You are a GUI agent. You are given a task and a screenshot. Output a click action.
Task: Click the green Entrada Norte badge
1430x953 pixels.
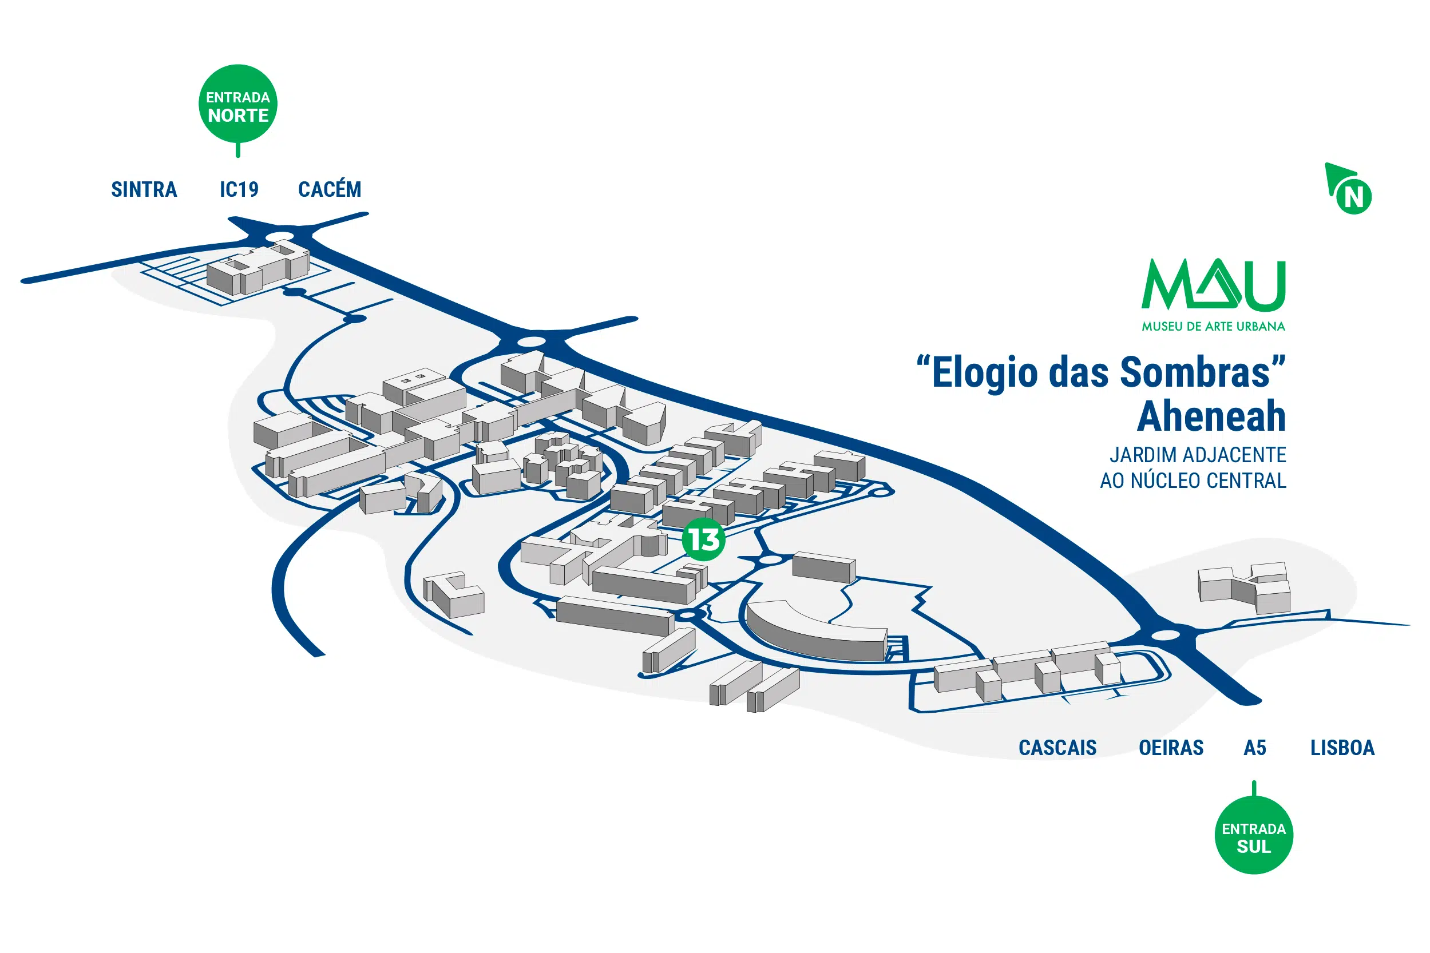(x=237, y=105)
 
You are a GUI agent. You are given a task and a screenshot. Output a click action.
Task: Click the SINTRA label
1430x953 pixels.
(x=144, y=190)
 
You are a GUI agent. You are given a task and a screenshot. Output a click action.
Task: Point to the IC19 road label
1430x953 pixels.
(x=239, y=190)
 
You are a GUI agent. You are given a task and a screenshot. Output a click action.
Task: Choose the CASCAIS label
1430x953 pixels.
(x=1057, y=748)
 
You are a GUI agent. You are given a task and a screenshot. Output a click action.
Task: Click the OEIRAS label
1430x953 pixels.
(x=1170, y=748)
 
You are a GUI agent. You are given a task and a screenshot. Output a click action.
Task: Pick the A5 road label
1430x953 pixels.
(x=1254, y=748)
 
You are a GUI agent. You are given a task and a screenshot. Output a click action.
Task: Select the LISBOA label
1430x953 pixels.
(x=1342, y=748)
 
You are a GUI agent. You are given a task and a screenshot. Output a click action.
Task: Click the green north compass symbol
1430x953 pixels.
(x=1350, y=190)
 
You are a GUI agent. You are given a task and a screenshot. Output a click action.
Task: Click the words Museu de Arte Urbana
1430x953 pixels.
(x=1213, y=327)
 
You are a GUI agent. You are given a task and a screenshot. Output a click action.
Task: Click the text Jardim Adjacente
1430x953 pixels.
(x=1197, y=455)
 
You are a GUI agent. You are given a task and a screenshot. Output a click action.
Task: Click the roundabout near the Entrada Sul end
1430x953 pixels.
(x=1166, y=635)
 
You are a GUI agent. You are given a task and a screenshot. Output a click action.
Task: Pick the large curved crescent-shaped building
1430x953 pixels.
(x=815, y=632)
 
